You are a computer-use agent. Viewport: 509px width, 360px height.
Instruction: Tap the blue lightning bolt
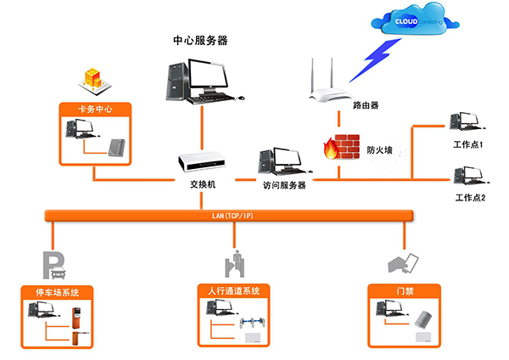pos(374,57)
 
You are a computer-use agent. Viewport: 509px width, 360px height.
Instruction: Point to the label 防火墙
pos(378,149)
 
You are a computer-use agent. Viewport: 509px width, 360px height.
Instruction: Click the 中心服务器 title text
pos(200,40)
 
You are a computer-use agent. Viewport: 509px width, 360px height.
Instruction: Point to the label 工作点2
pos(469,198)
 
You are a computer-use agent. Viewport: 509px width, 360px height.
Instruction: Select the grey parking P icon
pos(53,264)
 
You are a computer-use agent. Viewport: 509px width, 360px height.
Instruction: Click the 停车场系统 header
pos(59,293)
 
